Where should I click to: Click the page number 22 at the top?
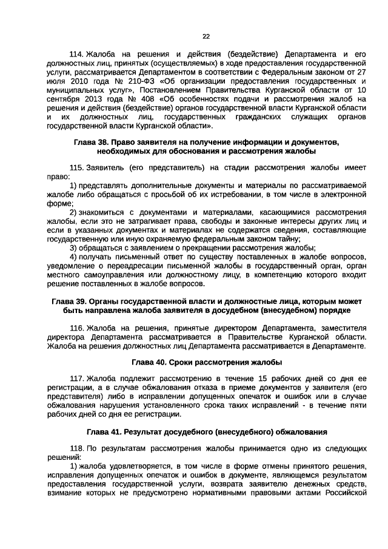206,36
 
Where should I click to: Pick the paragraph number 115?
78,166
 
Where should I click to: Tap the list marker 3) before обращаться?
73,248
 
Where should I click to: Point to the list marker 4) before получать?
73,257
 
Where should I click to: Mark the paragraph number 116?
78,327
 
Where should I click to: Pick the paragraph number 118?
78,448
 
